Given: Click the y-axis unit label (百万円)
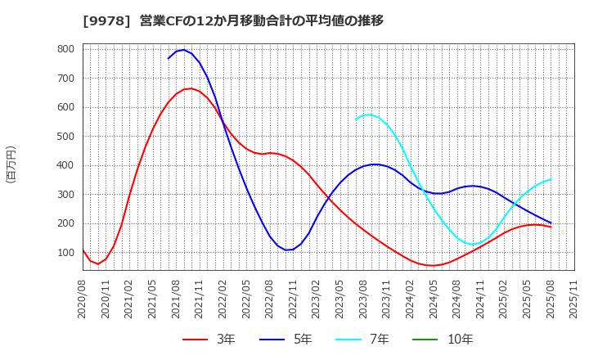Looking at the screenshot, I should coord(11,164).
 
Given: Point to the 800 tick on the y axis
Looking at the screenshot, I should coord(66,49).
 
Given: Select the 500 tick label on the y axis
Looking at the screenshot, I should coord(66,137).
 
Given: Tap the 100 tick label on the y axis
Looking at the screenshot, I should coord(66,253).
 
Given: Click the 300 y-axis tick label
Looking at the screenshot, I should coord(66,195).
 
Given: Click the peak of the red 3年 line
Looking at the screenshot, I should coord(189,88).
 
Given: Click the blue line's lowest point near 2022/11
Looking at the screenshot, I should coord(289,250).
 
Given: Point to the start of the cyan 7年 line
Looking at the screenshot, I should coord(356,119).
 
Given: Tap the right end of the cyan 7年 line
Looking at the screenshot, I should coord(551,179).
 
